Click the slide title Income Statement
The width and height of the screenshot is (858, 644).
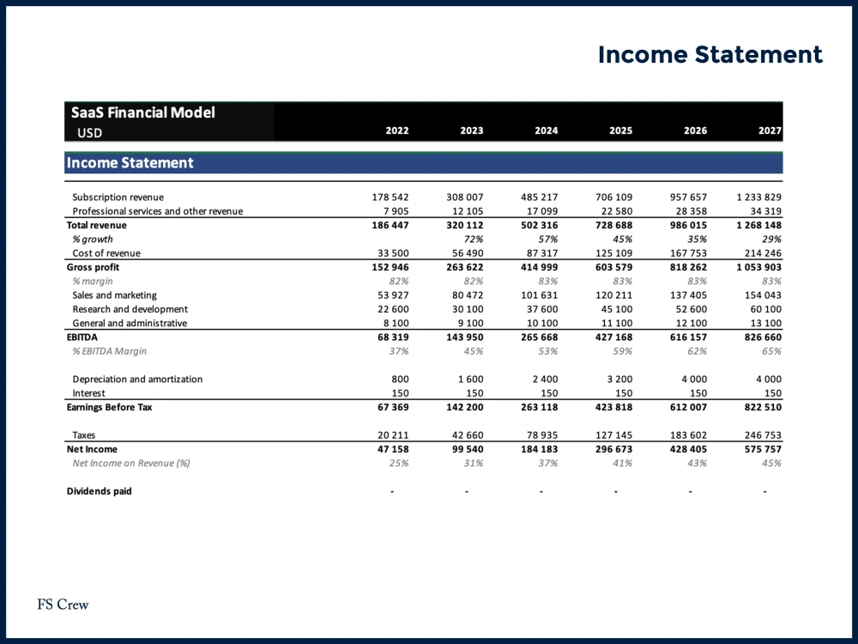click(710, 55)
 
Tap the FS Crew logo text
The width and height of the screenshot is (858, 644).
click(63, 605)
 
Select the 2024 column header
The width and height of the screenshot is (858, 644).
click(546, 131)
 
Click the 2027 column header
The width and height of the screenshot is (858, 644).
click(770, 131)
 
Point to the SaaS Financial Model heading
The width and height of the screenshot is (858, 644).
click(143, 112)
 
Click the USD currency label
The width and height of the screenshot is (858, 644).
click(89, 133)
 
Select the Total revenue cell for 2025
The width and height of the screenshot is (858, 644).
click(614, 225)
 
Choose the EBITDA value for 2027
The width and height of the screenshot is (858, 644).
click(760, 337)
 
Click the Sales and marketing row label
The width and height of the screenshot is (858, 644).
click(115, 295)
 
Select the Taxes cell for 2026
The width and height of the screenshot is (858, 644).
click(688, 435)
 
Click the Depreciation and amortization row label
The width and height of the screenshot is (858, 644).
click(137, 380)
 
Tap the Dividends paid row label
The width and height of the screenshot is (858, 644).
click(100, 491)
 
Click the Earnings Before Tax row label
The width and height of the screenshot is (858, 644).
click(109, 407)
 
